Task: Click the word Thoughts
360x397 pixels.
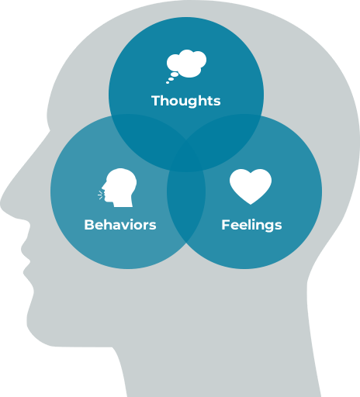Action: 186,101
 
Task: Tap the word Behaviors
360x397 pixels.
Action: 120,225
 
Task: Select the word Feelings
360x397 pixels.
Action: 251,225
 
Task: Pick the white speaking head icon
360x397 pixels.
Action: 118,188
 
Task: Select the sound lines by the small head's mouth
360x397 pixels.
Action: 101,195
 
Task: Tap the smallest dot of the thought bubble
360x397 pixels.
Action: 168,82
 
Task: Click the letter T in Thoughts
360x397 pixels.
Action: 156,101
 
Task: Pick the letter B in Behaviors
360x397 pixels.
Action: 89,225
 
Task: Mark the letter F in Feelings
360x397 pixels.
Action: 226,225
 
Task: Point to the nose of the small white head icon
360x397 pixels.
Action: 103,187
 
